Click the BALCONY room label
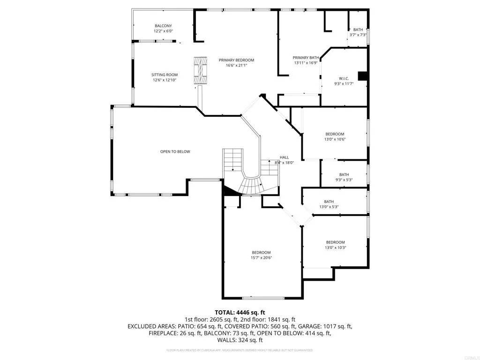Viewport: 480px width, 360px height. [x=163, y=25]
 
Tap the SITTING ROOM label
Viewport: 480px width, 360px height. [x=165, y=75]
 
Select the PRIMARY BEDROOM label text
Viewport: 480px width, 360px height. [x=236, y=60]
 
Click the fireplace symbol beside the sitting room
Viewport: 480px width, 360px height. [x=201, y=71]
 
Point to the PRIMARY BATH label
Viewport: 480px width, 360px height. [x=306, y=57]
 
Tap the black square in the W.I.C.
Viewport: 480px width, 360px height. [x=362, y=76]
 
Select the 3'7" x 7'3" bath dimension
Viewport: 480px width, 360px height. [x=358, y=35]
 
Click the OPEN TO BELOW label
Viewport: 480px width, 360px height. [x=175, y=151]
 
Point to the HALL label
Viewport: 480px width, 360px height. [x=284, y=157]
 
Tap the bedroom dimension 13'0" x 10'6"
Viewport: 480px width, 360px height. [x=335, y=140]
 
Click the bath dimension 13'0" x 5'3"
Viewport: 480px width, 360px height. [x=329, y=207]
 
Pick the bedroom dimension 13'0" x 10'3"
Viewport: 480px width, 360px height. [x=336, y=247]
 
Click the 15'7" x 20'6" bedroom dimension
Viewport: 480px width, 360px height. [x=261, y=257]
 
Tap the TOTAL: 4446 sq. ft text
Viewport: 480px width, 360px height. [x=240, y=312]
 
